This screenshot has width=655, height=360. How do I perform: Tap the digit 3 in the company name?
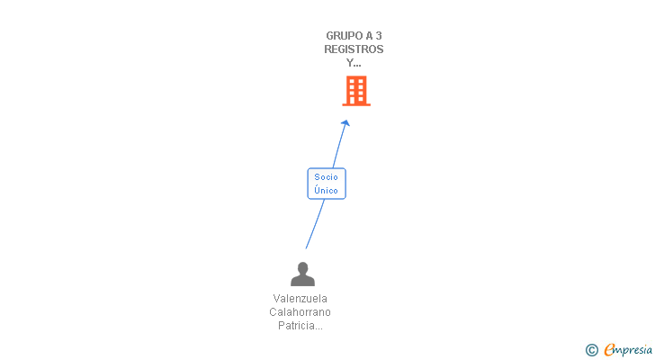[379, 36]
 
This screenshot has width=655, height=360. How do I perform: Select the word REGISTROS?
[354, 49]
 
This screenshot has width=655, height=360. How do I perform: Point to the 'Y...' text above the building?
[354, 63]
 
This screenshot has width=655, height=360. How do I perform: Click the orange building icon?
[356, 91]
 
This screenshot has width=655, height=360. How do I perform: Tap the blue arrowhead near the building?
[345, 123]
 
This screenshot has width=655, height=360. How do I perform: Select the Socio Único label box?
[327, 184]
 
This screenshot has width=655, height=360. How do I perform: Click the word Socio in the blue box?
[327, 177]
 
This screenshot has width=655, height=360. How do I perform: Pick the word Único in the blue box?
[327, 190]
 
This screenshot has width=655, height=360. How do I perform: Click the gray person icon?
[303, 274]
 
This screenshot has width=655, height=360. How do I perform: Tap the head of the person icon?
[303, 267]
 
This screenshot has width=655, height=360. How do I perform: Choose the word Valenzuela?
[301, 298]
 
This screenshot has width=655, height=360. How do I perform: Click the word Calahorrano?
[301, 311]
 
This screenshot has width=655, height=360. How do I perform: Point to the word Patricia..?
[298, 325]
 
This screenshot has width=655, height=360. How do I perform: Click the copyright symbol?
[591, 350]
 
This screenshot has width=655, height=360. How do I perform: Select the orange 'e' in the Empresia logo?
[609, 350]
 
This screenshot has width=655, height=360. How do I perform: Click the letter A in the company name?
[367, 36]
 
